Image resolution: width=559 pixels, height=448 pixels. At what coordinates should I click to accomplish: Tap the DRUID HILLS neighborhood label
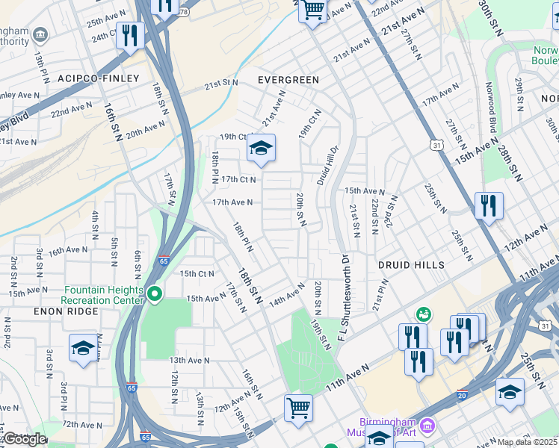411,265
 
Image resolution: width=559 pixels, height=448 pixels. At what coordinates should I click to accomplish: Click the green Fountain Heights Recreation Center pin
155,294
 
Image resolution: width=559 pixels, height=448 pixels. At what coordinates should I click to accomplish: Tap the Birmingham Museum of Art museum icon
427,426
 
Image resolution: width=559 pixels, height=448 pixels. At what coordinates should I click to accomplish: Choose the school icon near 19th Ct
262,149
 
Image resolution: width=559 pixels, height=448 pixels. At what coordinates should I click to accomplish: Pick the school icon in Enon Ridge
83,347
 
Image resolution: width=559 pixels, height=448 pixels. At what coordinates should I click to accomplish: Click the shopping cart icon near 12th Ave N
298,408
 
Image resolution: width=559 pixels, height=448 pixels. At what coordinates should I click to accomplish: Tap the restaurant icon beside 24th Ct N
131,36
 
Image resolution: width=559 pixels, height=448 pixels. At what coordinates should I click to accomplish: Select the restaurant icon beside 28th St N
488,207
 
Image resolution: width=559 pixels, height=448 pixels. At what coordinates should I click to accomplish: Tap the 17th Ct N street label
238,179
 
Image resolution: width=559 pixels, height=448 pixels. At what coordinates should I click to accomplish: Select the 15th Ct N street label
197,273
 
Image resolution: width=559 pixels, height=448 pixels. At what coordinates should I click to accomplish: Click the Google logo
24,439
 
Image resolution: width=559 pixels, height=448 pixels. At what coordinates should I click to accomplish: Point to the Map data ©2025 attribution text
527,442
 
